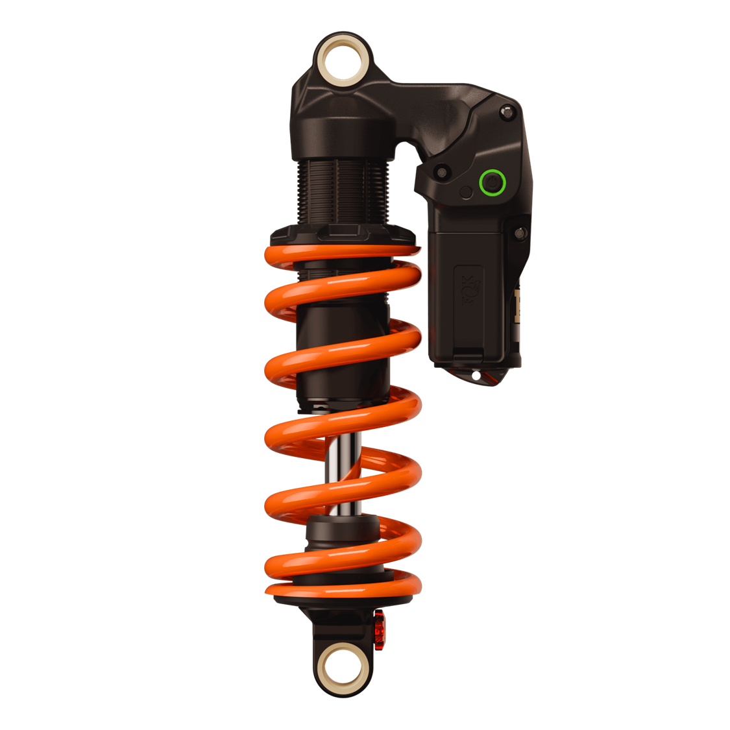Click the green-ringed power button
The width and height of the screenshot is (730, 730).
click(x=492, y=182)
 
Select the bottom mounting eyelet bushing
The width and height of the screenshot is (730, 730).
click(x=344, y=666)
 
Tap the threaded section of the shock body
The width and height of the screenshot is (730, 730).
click(x=343, y=192)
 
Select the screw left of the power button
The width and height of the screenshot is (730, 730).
click(x=443, y=172)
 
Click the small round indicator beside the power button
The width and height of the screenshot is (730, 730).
click(x=466, y=193)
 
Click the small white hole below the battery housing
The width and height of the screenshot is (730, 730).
click(x=476, y=375)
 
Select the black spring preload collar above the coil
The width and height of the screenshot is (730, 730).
click(x=343, y=234)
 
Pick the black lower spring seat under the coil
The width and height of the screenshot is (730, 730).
click(x=343, y=603)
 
